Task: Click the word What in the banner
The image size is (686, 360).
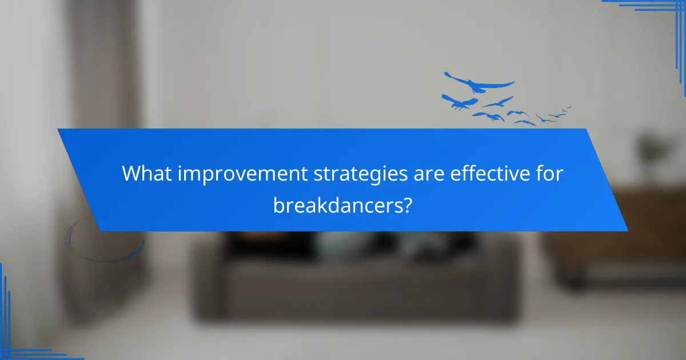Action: (147, 174)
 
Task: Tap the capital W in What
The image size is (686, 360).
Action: (132, 174)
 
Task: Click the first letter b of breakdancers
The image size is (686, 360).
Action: (278, 204)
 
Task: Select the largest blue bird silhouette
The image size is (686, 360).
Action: (479, 83)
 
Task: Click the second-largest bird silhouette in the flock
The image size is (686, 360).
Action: (459, 102)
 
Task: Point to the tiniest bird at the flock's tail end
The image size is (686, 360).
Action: (568, 107)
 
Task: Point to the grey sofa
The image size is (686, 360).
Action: (354, 280)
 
